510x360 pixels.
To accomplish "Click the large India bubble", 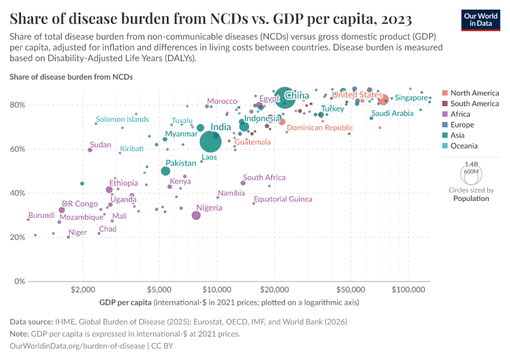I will click(x=211, y=142).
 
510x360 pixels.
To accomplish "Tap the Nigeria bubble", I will click(x=196, y=215).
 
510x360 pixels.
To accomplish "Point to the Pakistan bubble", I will click(x=166, y=171).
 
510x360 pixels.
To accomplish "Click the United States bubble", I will click(x=383, y=100).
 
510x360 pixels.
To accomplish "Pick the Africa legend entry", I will click(x=460, y=114).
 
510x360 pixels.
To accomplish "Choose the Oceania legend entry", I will click(x=464, y=146).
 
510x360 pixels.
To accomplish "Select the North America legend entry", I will click(x=474, y=93).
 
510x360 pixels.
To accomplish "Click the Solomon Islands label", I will click(x=122, y=119).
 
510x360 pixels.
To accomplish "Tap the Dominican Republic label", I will click(x=320, y=128).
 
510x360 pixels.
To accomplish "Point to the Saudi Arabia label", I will click(x=392, y=113).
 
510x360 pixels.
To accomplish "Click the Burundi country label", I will click(x=41, y=215).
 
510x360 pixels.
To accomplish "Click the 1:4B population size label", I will click(x=472, y=164).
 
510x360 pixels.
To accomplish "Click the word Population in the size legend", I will click(x=471, y=198).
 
